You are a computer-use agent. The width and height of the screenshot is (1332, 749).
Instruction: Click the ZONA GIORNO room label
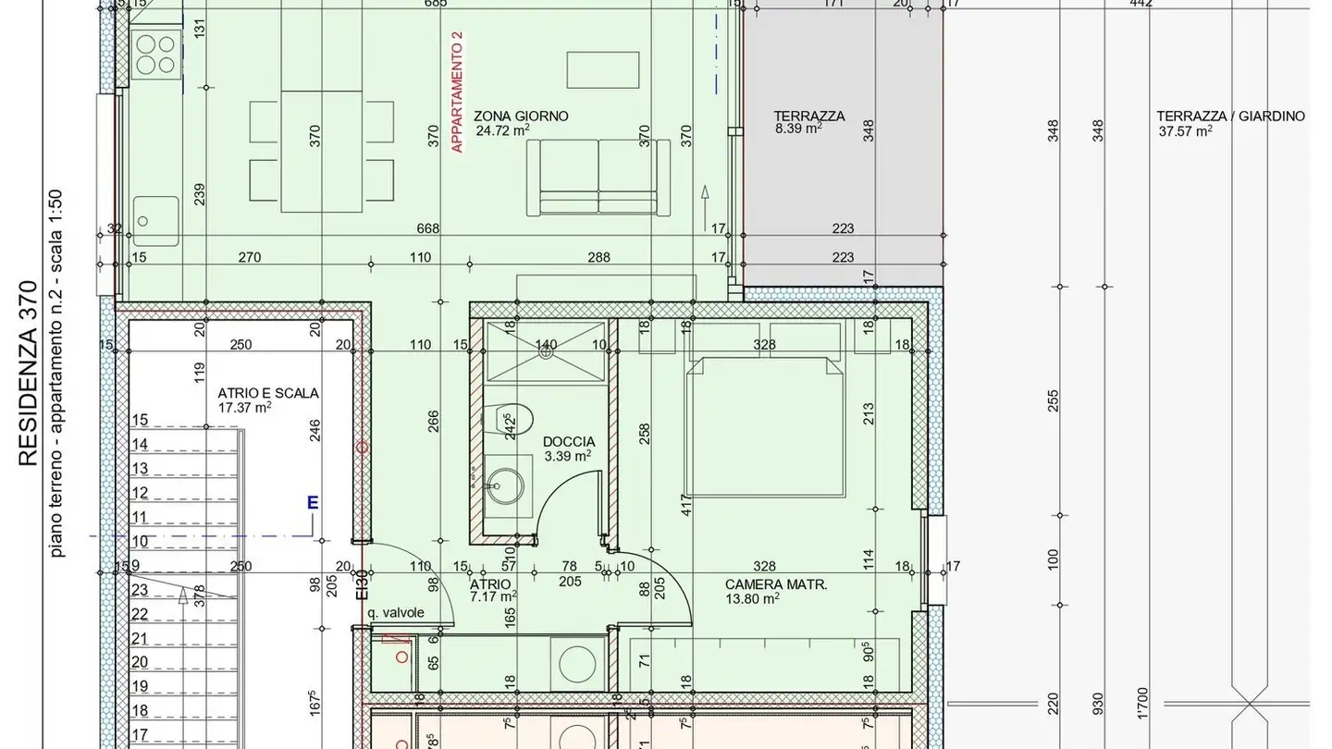coord(521,117)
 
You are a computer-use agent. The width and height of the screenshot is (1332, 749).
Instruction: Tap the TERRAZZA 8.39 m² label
coord(809,117)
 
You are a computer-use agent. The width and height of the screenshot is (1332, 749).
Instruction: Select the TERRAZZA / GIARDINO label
coord(1230,117)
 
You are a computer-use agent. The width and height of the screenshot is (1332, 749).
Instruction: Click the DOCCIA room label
coord(569,442)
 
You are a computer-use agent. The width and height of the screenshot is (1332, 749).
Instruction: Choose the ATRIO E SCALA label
coord(268,393)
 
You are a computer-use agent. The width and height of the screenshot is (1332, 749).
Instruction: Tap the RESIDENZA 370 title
coord(29,374)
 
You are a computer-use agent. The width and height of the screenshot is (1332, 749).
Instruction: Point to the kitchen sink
coord(155,221)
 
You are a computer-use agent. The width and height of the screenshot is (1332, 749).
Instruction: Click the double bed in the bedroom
coord(764,425)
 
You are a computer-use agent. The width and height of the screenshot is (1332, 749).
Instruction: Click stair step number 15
coord(140,421)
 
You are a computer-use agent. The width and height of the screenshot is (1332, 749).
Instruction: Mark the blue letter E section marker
coord(313,503)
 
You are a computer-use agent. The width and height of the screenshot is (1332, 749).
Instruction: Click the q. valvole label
coord(395,612)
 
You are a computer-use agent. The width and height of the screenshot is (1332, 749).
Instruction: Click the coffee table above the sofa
coord(602,69)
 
